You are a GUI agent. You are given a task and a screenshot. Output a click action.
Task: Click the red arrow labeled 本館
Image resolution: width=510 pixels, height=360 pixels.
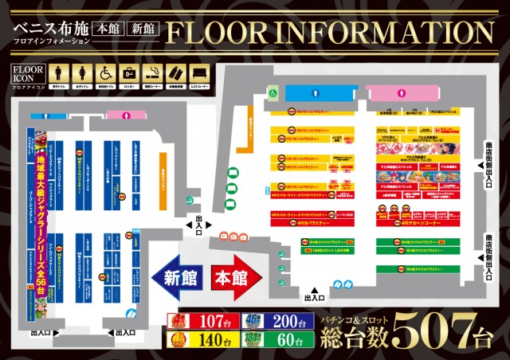tap(234, 280)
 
